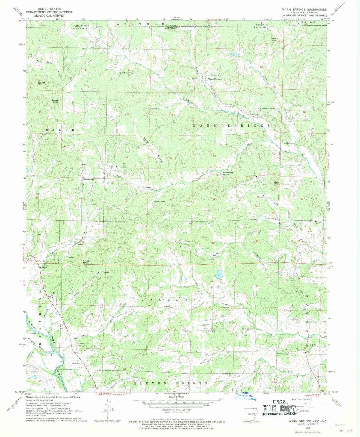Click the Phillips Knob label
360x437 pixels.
274,39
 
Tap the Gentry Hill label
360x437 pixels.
40,83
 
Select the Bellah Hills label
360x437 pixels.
55,101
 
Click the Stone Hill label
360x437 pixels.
86,261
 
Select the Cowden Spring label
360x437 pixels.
127,73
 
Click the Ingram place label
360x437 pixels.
312,322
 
